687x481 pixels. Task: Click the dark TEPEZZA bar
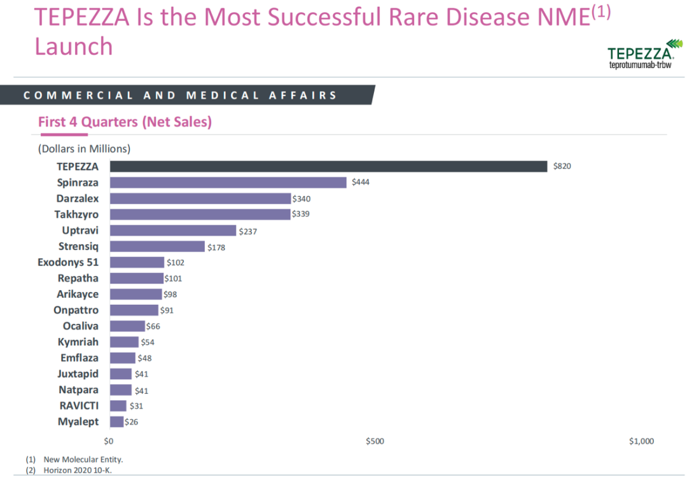[328, 166]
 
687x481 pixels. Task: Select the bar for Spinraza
[228, 183]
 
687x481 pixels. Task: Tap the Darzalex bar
[200, 199]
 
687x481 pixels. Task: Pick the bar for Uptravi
[173, 230]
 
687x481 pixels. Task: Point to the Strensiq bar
[158, 246]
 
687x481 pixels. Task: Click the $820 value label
[562, 166]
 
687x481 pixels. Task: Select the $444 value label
[360, 183]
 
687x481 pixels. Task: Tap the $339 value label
[301, 214]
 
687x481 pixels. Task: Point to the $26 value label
[132, 422]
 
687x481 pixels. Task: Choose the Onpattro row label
[76, 310]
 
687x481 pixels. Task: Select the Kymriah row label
[78, 342]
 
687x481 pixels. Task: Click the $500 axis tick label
[375, 441]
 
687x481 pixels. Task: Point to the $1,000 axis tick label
[641, 441]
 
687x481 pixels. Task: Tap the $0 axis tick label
[109, 441]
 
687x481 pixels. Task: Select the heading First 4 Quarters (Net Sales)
[125, 122]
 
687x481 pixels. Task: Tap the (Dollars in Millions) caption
[84, 149]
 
